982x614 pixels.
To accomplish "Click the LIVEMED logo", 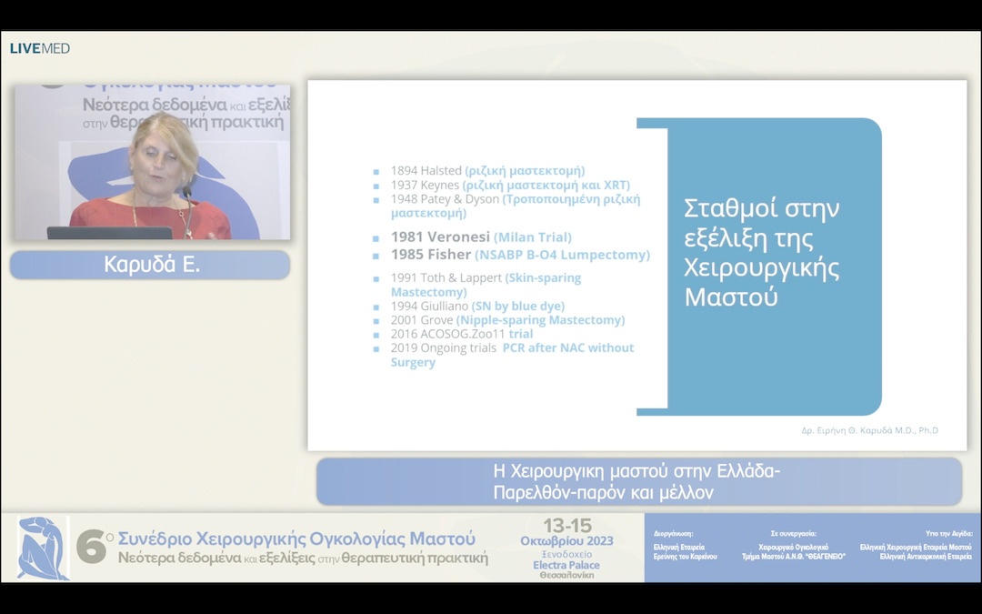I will [x=39, y=48].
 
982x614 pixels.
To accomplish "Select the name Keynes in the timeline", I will [x=439, y=185].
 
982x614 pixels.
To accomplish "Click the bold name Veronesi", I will [x=454, y=237].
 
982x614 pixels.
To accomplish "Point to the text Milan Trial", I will [x=533, y=237].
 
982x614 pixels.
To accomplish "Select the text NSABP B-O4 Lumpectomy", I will [x=562, y=256].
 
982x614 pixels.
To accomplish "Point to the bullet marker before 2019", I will [x=376, y=348].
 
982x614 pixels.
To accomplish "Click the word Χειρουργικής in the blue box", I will [x=761, y=269].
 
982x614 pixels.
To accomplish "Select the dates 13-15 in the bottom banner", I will [x=566, y=526].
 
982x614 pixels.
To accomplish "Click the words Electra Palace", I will [x=566, y=565].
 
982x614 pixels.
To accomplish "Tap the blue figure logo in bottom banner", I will [x=43, y=548].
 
